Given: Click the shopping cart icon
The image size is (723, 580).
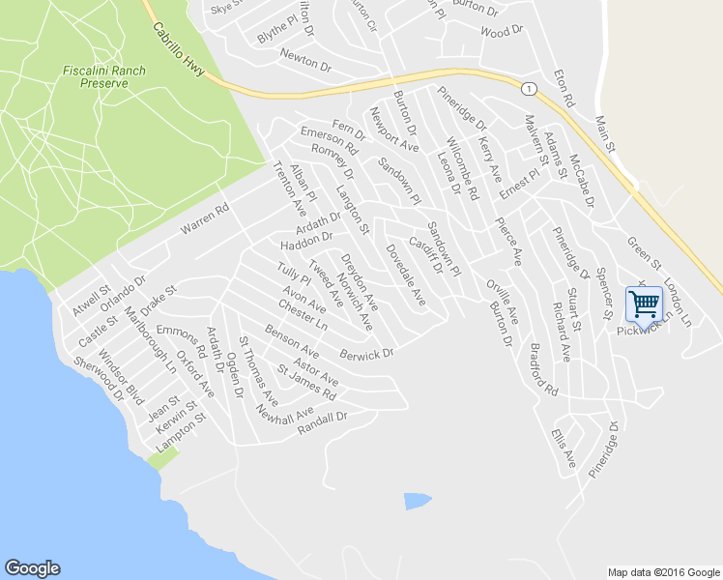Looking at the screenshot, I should click(x=645, y=304).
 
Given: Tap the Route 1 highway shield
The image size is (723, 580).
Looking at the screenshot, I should click(x=528, y=89).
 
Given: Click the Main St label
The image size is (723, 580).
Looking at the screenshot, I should click(x=606, y=133).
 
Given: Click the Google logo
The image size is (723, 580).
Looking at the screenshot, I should click(x=32, y=568).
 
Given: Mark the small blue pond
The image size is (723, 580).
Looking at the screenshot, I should click(x=417, y=501).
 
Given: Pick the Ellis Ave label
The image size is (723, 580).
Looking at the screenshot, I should click(x=564, y=449).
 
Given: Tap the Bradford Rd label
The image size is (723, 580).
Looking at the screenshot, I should click(x=544, y=371).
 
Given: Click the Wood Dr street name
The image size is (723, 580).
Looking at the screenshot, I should click(x=501, y=32).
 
